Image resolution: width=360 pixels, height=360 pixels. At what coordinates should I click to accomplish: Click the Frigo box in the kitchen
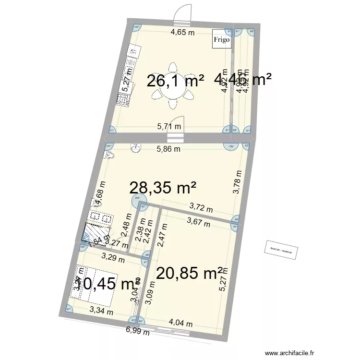click(222, 39)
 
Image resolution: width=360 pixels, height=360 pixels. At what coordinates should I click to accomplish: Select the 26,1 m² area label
click(175, 81)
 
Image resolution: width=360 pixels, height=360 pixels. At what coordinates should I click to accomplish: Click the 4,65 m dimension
click(183, 33)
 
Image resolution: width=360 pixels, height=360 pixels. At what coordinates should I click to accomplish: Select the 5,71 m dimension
click(170, 127)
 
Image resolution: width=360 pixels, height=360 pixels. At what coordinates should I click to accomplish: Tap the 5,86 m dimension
click(168, 149)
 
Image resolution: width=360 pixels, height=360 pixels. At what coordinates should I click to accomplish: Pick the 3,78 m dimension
click(236, 183)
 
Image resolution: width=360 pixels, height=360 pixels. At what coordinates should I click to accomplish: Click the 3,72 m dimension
click(201, 208)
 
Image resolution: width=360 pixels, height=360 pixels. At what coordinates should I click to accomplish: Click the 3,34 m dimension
click(101, 312)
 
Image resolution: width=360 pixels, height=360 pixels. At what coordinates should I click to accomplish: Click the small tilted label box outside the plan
click(281, 251)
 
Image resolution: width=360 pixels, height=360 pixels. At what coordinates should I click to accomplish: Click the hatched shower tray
click(92, 232)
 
